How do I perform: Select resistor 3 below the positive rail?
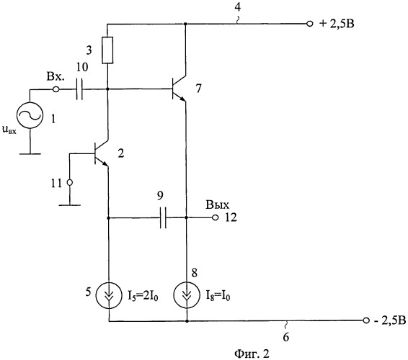pos(107,50)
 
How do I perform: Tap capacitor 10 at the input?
pos(79,89)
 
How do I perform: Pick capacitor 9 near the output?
pos(163,217)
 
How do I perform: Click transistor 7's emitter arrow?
pos(182,99)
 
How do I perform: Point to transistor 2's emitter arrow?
pos(105,163)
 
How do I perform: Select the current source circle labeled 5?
pos(109,295)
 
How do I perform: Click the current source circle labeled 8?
pos(187,295)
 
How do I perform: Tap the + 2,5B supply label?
pos(337,24)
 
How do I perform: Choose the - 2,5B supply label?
pos(389,320)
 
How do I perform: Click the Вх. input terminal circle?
pos(56,89)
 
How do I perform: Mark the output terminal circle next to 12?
pos(216,217)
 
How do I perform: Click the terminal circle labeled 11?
pos(70,183)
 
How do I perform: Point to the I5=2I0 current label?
pos(143,295)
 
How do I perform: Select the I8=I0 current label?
pos(218,295)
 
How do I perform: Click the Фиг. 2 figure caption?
pos(252,354)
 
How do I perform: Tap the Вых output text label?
pos(218,204)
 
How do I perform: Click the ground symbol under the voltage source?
pos(30,154)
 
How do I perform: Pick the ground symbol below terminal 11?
pos(70,205)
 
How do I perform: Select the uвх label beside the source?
pos(9,130)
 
